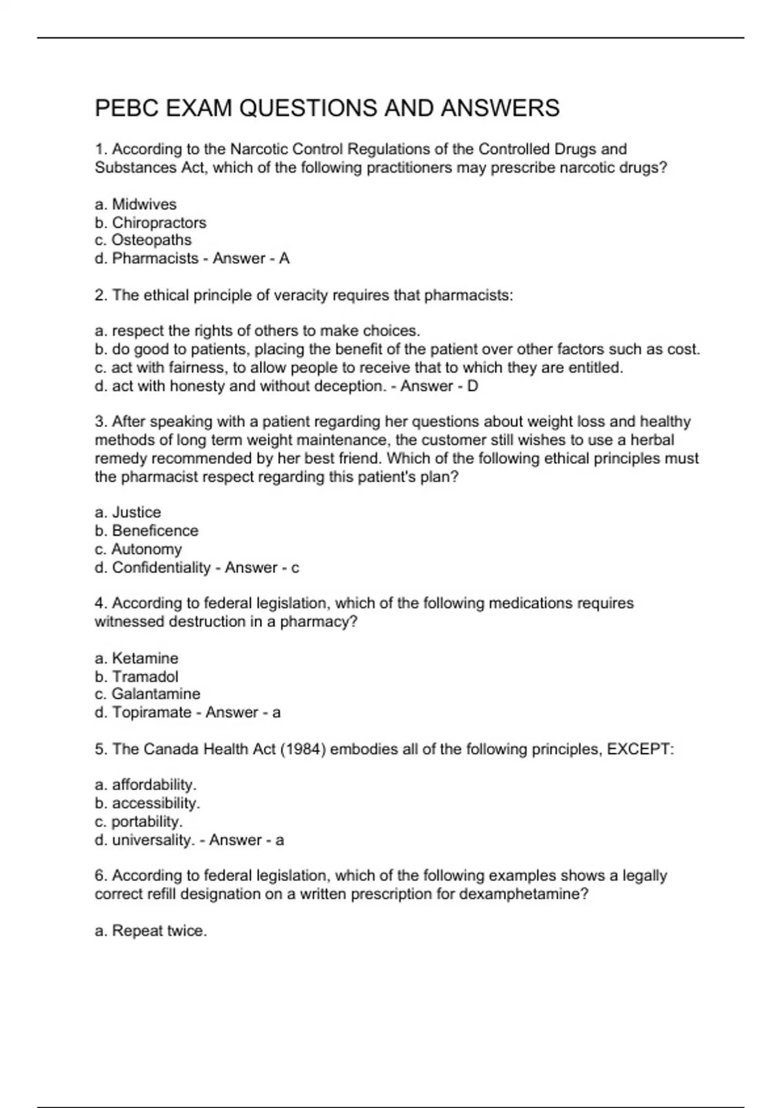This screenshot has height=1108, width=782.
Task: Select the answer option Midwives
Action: (143, 204)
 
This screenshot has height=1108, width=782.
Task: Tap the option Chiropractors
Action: (158, 222)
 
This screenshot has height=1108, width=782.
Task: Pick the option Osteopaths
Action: (151, 240)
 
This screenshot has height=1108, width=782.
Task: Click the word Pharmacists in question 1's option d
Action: (155, 258)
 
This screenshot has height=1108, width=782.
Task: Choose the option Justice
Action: (136, 512)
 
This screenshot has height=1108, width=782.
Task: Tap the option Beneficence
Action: (154, 531)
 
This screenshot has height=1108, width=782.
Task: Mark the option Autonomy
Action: (146, 549)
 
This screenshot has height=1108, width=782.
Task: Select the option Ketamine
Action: (145, 658)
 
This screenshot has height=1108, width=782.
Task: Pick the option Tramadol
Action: (145, 677)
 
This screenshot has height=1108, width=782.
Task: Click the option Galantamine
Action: (155, 693)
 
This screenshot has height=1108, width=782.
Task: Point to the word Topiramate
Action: (152, 712)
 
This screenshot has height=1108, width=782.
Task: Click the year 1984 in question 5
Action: (302, 749)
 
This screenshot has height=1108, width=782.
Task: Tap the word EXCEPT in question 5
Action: (638, 749)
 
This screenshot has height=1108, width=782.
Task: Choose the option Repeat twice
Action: (158, 931)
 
